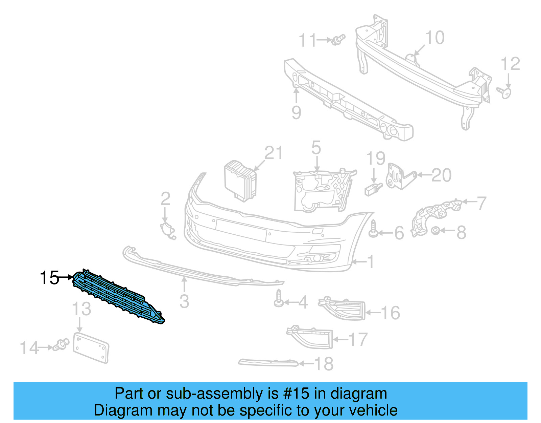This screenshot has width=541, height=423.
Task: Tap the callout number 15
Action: click(x=49, y=278)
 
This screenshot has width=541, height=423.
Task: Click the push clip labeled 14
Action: click(x=62, y=345)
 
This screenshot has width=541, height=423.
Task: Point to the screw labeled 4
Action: click(x=279, y=298)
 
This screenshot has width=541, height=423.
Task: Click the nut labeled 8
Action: click(x=436, y=231)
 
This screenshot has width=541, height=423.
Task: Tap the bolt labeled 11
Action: click(x=338, y=40)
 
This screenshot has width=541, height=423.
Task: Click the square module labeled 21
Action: click(x=240, y=181)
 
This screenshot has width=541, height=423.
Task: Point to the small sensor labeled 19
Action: click(x=373, y=189)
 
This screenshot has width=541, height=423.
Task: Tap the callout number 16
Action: click(x=391, y=313)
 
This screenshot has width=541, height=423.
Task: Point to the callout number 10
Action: click(x=435, y=38)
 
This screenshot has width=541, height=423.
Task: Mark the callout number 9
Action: click(x=296, y=112)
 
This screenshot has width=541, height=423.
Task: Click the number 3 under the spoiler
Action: click(x=184, y=301)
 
